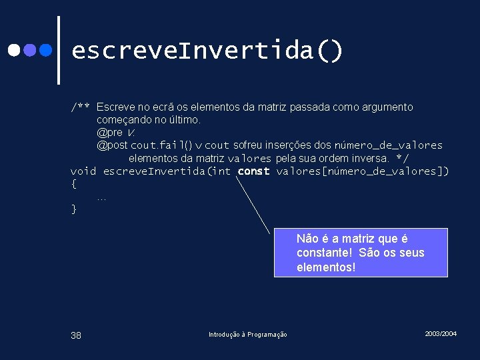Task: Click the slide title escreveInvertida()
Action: click(x=207, y=51)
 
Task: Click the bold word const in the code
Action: click(x=253, y=171)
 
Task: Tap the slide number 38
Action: click(x=76, y=335)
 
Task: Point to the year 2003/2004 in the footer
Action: click(x=441, y=333)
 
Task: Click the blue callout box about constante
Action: click(x=360, y=253)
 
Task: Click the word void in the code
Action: click(x=83, y=171)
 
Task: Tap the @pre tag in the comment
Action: click(x=110, y=133)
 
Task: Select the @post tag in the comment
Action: click(x=112, y=145)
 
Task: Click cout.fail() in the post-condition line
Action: click(x=161, y=145)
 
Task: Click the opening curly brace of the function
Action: click(x=74, y=184)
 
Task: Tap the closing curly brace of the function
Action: click(x=74, y=209)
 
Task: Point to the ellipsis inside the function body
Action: click(x=101, y=197)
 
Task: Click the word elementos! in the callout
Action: click(x=326, y=267)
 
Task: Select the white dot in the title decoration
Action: click(x=13, y=50)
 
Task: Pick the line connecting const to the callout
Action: click(x=263, y=207)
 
